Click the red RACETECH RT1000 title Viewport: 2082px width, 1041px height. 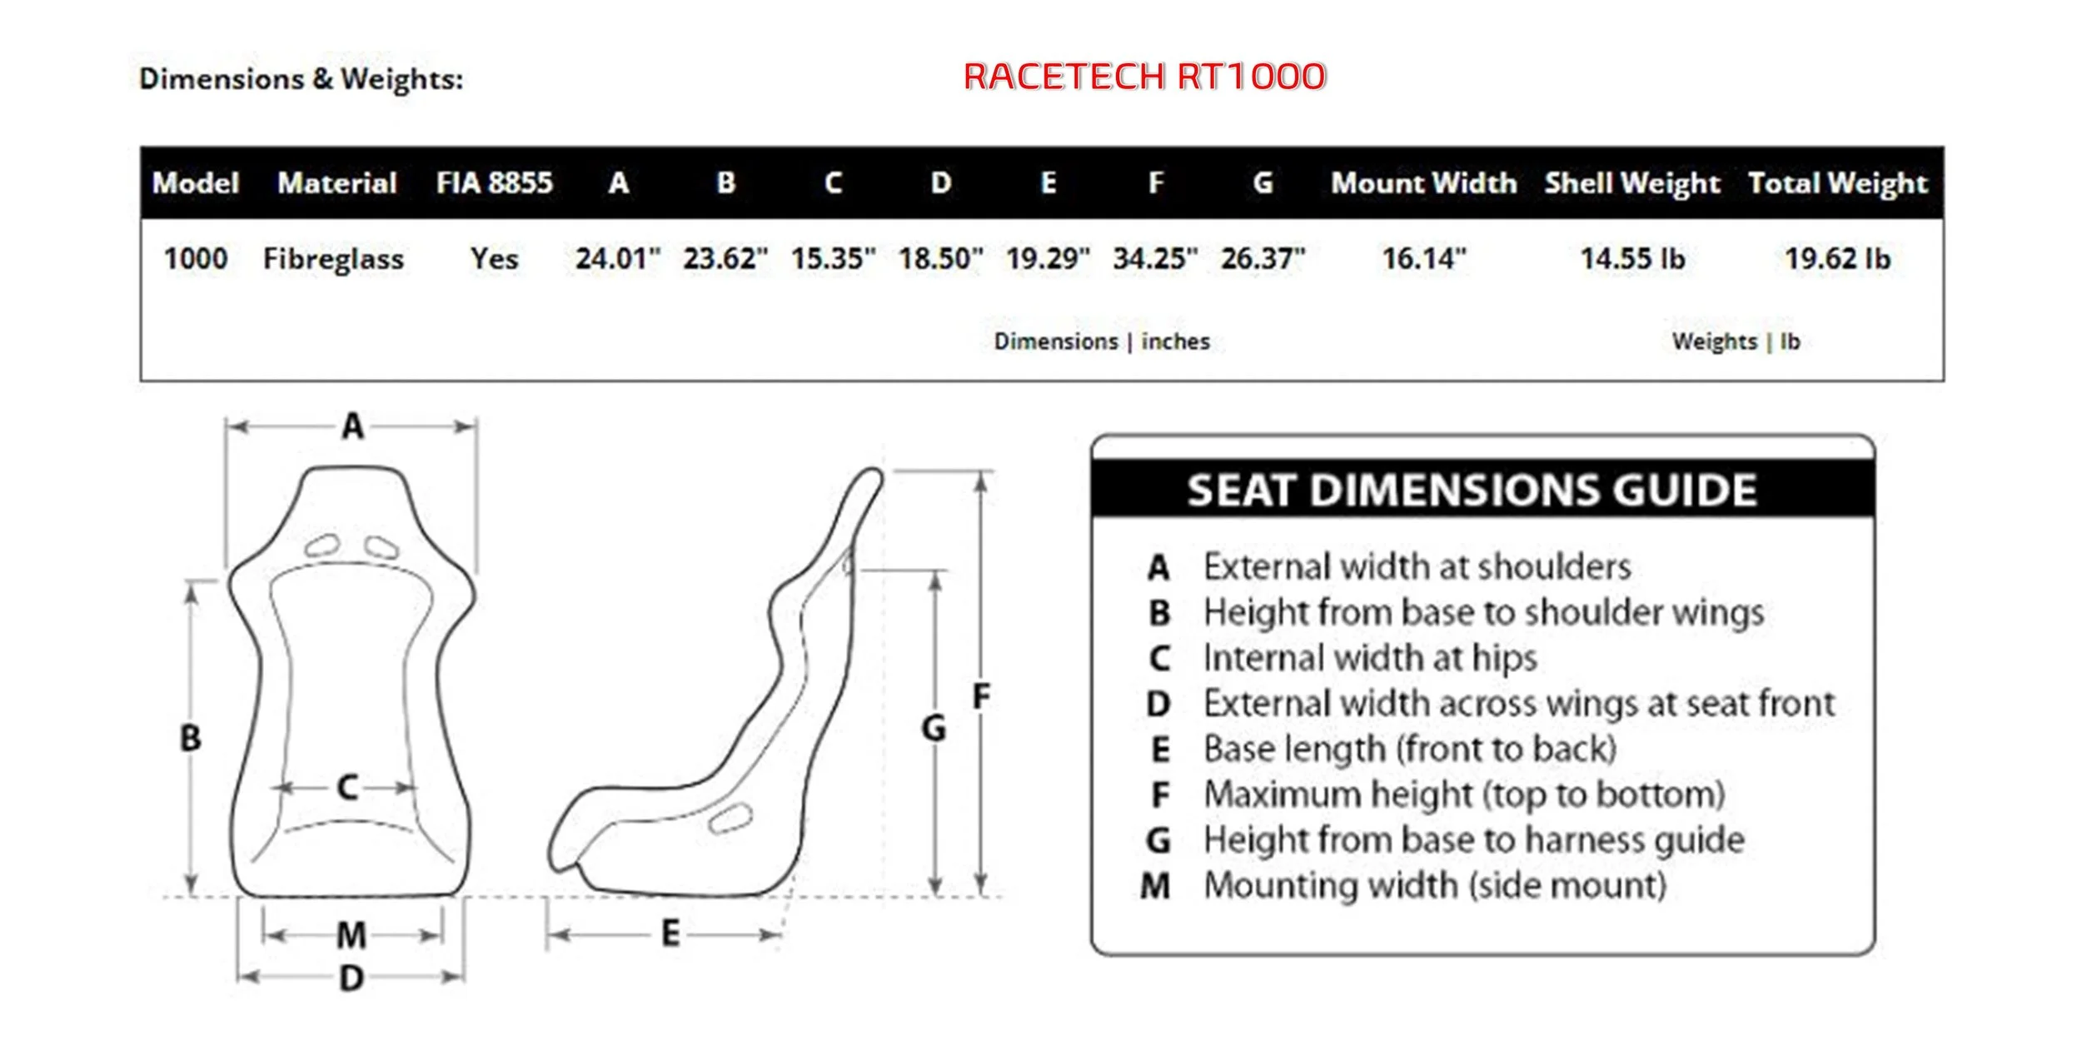click(x=1144, y=77)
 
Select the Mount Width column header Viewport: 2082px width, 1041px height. click(x=1423, y=183)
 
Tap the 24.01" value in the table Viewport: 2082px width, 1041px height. click(x=617, y=259)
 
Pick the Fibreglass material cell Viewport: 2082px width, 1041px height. click(x=333, y=259)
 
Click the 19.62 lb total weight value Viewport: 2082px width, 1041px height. click(x=1837, y=259)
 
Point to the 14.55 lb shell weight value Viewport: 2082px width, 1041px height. click(x=1632, y=259)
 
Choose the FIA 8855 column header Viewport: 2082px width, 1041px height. click(x=494, y=183)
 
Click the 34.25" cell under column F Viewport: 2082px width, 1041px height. click(x=1155, y=259)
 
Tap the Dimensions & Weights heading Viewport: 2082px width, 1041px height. click(x=301, y=79)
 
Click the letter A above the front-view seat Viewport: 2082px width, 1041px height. click(x=353, y=427)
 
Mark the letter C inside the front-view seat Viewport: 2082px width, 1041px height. click(x=348, y=788)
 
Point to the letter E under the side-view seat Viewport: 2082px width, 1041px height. click(x=670, y=934)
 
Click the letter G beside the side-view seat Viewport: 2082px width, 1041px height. click(x=934, y=729)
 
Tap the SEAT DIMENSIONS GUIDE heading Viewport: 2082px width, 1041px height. click(x=1472, y=490)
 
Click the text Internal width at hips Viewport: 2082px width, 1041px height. click(x=1370, y=659)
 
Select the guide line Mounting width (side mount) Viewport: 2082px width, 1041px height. click(x=1435, y=886)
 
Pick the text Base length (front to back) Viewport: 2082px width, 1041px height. click(x=1410, y=750)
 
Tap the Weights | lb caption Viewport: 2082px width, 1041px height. click(x=1736, y=341)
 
